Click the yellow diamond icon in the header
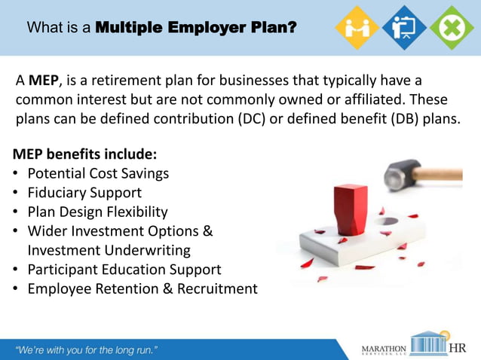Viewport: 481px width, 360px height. point(356,27)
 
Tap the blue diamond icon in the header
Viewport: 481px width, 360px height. point(404,27)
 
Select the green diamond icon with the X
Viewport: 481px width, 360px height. point(452,27)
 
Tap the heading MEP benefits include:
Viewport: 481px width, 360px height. point(85,154)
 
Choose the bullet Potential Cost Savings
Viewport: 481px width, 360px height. point(98,174)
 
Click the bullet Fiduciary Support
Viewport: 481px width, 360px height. point(84,193)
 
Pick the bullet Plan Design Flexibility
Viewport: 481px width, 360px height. point(97,212)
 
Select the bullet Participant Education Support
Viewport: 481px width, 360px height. point(124,270)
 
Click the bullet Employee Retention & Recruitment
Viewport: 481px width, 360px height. point(142,289)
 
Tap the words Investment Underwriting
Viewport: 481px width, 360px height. point(109,250)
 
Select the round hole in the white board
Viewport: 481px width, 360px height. point(387,221)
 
